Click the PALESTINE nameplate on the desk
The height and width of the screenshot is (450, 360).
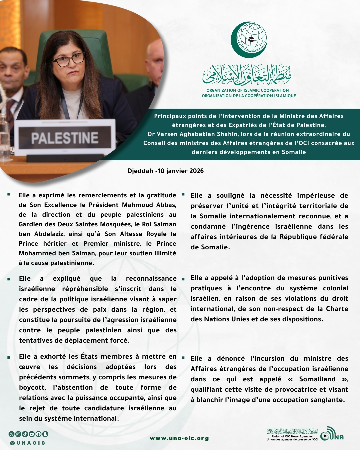[65, 138]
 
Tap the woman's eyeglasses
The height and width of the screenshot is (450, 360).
[69, 60]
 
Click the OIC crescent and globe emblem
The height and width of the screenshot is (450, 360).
[249, 40]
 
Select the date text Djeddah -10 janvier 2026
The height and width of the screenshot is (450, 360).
[166, 171]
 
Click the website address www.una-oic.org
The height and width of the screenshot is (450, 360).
[179, 438]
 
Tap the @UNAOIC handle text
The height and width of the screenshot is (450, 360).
[28, 443]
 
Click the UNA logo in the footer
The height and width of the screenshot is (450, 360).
[332, 434]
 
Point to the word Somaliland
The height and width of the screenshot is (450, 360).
[317, 379]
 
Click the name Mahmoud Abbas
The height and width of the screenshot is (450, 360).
[149, 205]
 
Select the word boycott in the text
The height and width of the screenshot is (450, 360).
[32, 387]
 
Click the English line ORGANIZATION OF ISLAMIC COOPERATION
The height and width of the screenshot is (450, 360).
[248, 90]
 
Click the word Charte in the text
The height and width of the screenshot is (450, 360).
[337, 309]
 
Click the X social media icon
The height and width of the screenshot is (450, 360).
[12, 434]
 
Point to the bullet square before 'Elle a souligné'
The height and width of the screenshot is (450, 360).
[183, 194]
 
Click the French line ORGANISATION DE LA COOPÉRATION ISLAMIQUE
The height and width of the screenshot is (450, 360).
[249, 96]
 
